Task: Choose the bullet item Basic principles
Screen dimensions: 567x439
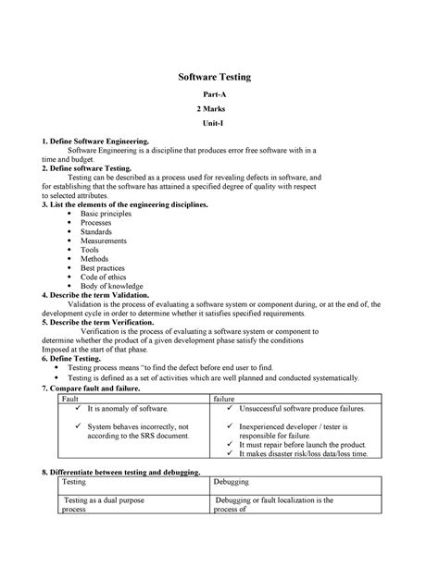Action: [x=107, y=213]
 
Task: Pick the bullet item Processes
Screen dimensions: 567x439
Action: [x=98, y=223]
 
